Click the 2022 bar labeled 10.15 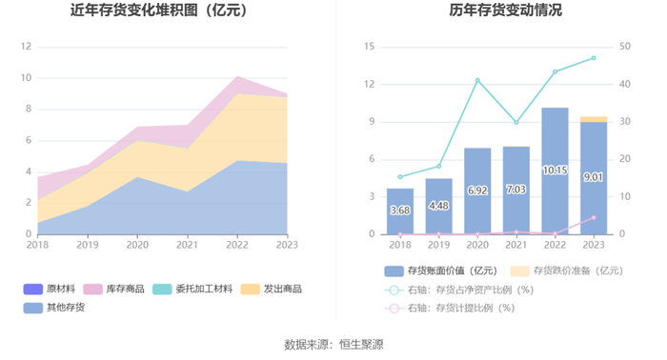555,170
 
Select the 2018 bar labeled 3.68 400,211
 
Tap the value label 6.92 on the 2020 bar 477,190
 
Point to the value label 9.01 593,177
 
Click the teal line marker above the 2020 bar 477,80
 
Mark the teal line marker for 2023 594,58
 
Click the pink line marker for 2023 594,217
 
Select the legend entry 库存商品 113,289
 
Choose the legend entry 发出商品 271,289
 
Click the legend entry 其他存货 54,308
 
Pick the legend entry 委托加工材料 192,289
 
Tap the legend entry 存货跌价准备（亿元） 567,270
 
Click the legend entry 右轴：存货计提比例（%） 449,309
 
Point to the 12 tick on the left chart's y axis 26,47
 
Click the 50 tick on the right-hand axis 624,47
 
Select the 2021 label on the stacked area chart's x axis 187,246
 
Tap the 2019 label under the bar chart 438,246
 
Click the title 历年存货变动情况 505,10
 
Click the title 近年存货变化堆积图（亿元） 159,10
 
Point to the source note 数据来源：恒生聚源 333,344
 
